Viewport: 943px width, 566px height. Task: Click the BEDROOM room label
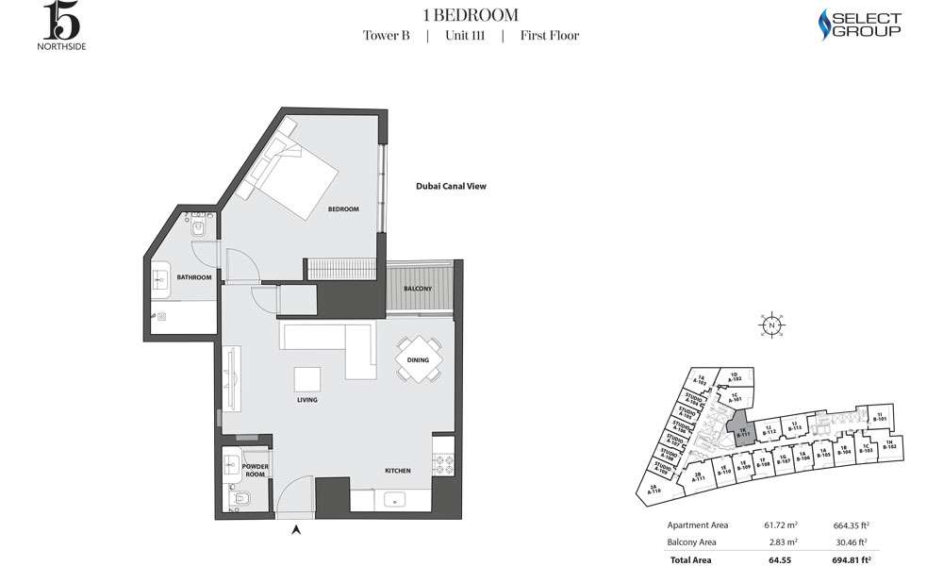coord(343,208)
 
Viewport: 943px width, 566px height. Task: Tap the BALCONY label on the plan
coord(418,288)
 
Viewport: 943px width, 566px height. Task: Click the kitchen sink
coord(395,499)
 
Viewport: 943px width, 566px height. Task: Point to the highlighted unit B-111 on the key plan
coord(741,429)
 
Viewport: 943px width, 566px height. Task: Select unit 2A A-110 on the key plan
coord(657,490)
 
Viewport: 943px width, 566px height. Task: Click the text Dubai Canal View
coord(451,187)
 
